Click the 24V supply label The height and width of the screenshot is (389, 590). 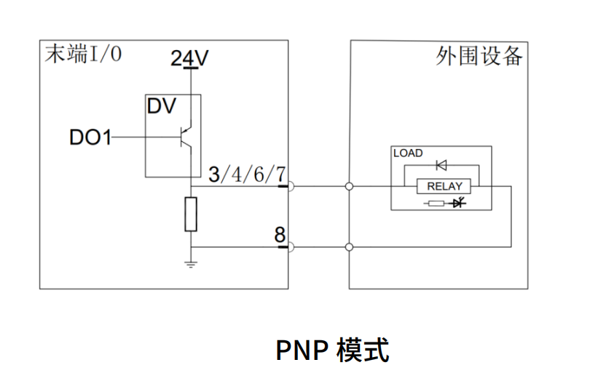(189, 58)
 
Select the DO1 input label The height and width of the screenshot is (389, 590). (90, 137)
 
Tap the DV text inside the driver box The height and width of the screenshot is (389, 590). (162, 107)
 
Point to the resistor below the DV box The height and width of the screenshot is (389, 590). (191, 214)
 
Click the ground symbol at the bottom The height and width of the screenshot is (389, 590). (191, 264)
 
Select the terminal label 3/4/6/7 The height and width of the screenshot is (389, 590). (247, 175)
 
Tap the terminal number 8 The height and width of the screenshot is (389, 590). (280, 235)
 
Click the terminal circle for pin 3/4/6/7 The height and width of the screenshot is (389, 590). (291, 187)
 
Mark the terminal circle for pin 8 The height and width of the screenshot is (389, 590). (291, 247)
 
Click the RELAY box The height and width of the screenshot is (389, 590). (444, 187)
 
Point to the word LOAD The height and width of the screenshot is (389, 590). (408, 153)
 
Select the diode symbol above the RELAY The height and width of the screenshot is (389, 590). (441, 165)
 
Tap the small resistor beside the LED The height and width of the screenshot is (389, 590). (436, 203)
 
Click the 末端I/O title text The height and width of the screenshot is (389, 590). (81, 55)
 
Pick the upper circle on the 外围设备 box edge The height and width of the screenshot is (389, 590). (350, 187)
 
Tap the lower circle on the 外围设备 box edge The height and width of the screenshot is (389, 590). (350, 247)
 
